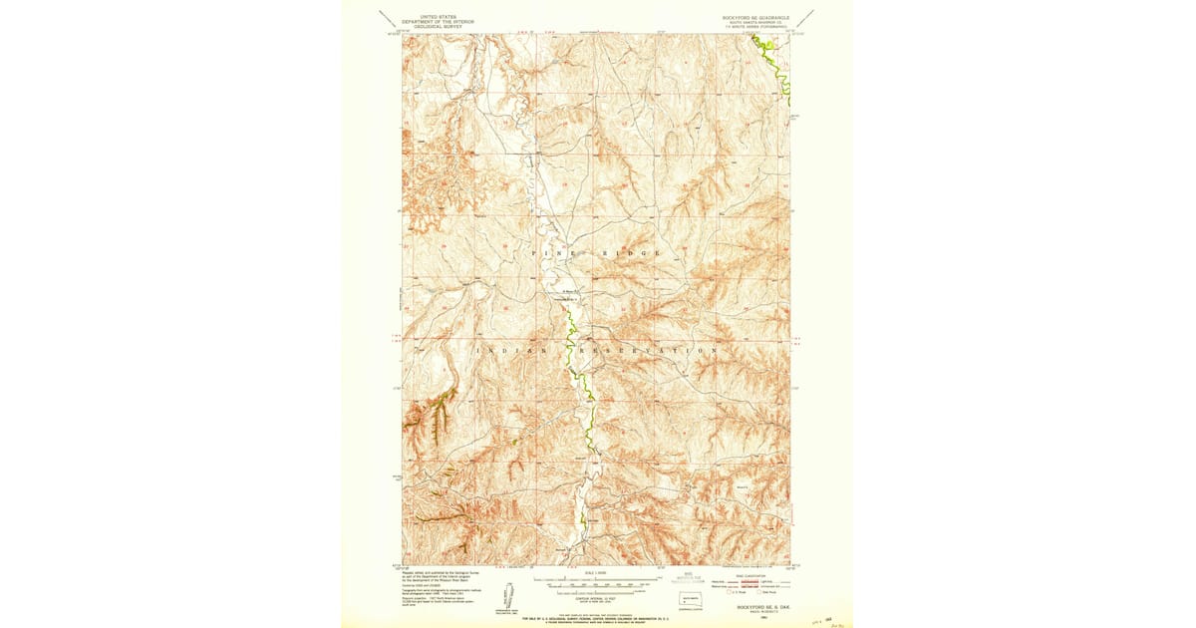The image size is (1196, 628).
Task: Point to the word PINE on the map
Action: click(554, 254)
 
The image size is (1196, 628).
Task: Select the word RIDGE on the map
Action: click(630, 254)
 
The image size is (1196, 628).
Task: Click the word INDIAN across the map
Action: click(512, 351)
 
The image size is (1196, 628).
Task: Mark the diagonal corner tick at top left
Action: click(387, 17)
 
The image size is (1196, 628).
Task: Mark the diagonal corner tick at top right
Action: click(804, 17)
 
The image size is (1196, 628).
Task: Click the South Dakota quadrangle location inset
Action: click(688, 600)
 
